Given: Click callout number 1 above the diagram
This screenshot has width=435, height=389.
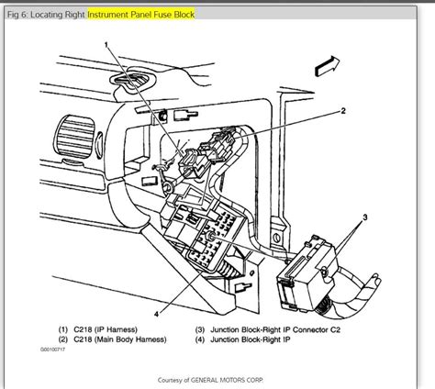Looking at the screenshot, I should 106,43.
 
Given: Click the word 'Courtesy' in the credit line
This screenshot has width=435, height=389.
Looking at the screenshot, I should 172,378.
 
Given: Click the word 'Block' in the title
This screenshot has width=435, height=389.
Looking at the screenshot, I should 206,14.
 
